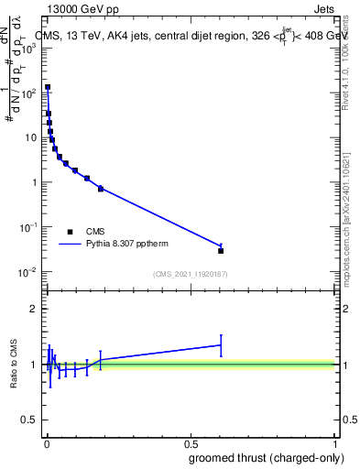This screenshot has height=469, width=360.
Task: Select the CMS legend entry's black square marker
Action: pos(70,232)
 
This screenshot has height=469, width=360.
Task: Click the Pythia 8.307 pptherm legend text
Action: pos(127,245)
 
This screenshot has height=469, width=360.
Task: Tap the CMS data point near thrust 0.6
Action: pos(221,250)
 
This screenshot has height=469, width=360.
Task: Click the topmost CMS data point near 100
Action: pos(48,88)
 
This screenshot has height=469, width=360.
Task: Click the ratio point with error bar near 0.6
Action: pos(221,345)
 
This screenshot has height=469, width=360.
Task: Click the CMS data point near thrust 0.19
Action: pos(101,189)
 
